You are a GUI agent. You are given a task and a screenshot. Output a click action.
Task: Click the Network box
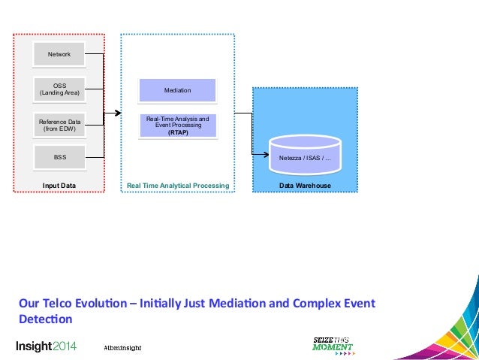[x=59, y=55]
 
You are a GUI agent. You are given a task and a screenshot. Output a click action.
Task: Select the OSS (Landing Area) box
[x=59, y=89]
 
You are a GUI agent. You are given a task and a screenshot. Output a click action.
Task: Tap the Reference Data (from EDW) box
[x=59, y=125]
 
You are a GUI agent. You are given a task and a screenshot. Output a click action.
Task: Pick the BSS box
[x=59, y=159]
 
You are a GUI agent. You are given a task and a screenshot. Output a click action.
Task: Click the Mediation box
[x=178, y=90]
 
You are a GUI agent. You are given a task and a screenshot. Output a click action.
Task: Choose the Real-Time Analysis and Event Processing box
[x=178, y=125]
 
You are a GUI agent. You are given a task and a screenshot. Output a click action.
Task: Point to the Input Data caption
[x=59, y=185]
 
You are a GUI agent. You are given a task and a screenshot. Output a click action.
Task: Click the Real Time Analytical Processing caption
[x=178, y=185]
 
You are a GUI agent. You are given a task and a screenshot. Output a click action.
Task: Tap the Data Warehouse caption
[x=305, y=185]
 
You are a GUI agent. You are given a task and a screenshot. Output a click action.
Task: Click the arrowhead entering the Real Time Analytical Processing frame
[x=117, y=113]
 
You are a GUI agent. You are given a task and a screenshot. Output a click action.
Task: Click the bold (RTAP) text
[x=178, y=132]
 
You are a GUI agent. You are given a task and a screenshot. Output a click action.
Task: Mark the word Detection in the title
[x=46, y=319]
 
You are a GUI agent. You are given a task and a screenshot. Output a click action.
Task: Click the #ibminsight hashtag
[x=122, y=347]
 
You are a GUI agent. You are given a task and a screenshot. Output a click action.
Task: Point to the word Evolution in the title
[x=110, y=304]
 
